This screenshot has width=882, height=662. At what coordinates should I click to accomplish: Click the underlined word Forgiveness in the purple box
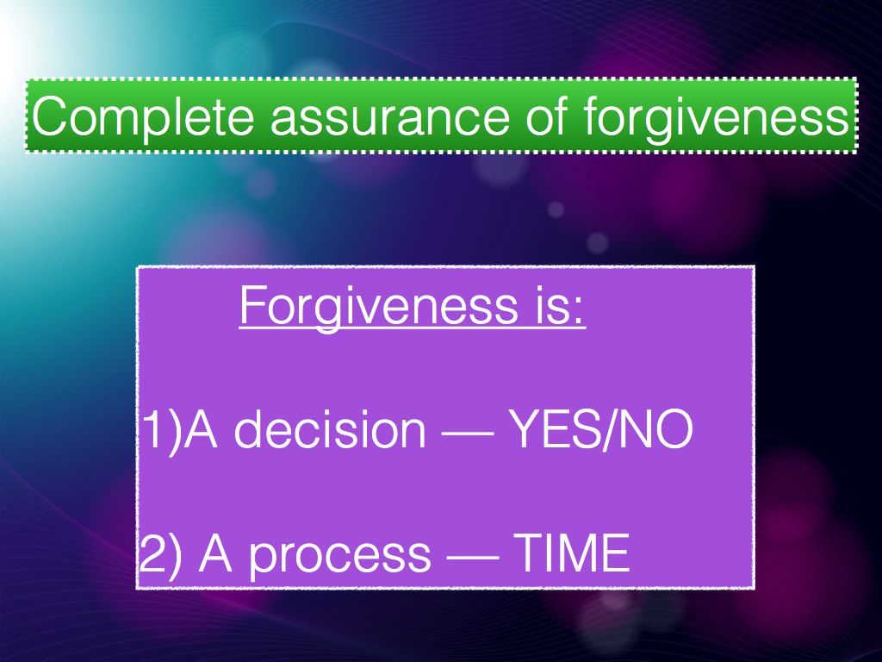379,307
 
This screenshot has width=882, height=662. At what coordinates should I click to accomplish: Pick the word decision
330,429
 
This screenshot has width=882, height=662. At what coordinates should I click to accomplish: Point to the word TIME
572,553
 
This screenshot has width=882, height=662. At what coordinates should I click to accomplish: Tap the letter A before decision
201,429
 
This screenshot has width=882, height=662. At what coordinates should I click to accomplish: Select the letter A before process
214,553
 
